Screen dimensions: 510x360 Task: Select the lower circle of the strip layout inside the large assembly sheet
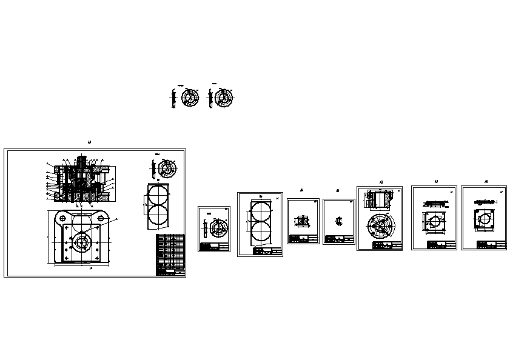(158, 213)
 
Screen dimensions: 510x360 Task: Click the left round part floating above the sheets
(190, 99)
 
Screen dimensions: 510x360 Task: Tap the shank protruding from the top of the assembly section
(81, 161)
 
